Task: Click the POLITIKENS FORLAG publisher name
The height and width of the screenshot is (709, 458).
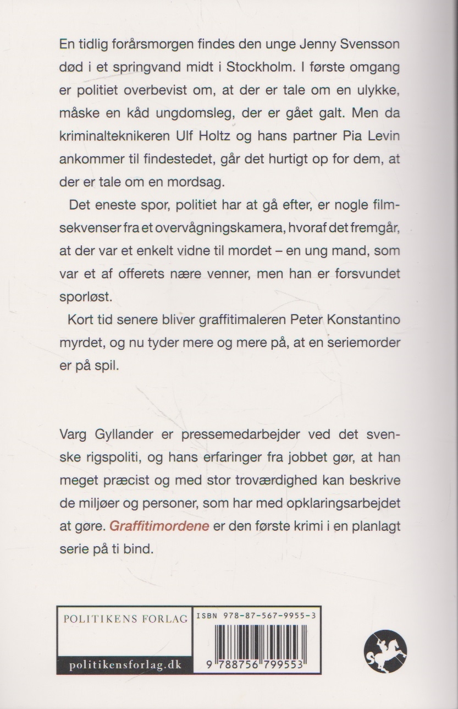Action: click(x=125, y=618)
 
